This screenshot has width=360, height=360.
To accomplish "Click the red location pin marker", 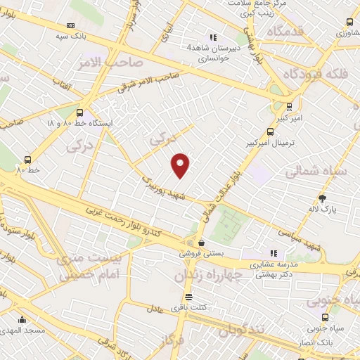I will tap(181, 165).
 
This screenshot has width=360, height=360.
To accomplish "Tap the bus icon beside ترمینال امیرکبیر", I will tap(271, 131).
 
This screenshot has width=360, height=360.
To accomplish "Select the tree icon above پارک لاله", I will tap(323, 198).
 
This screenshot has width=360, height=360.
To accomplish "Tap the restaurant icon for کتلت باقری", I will tap(188, 297).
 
